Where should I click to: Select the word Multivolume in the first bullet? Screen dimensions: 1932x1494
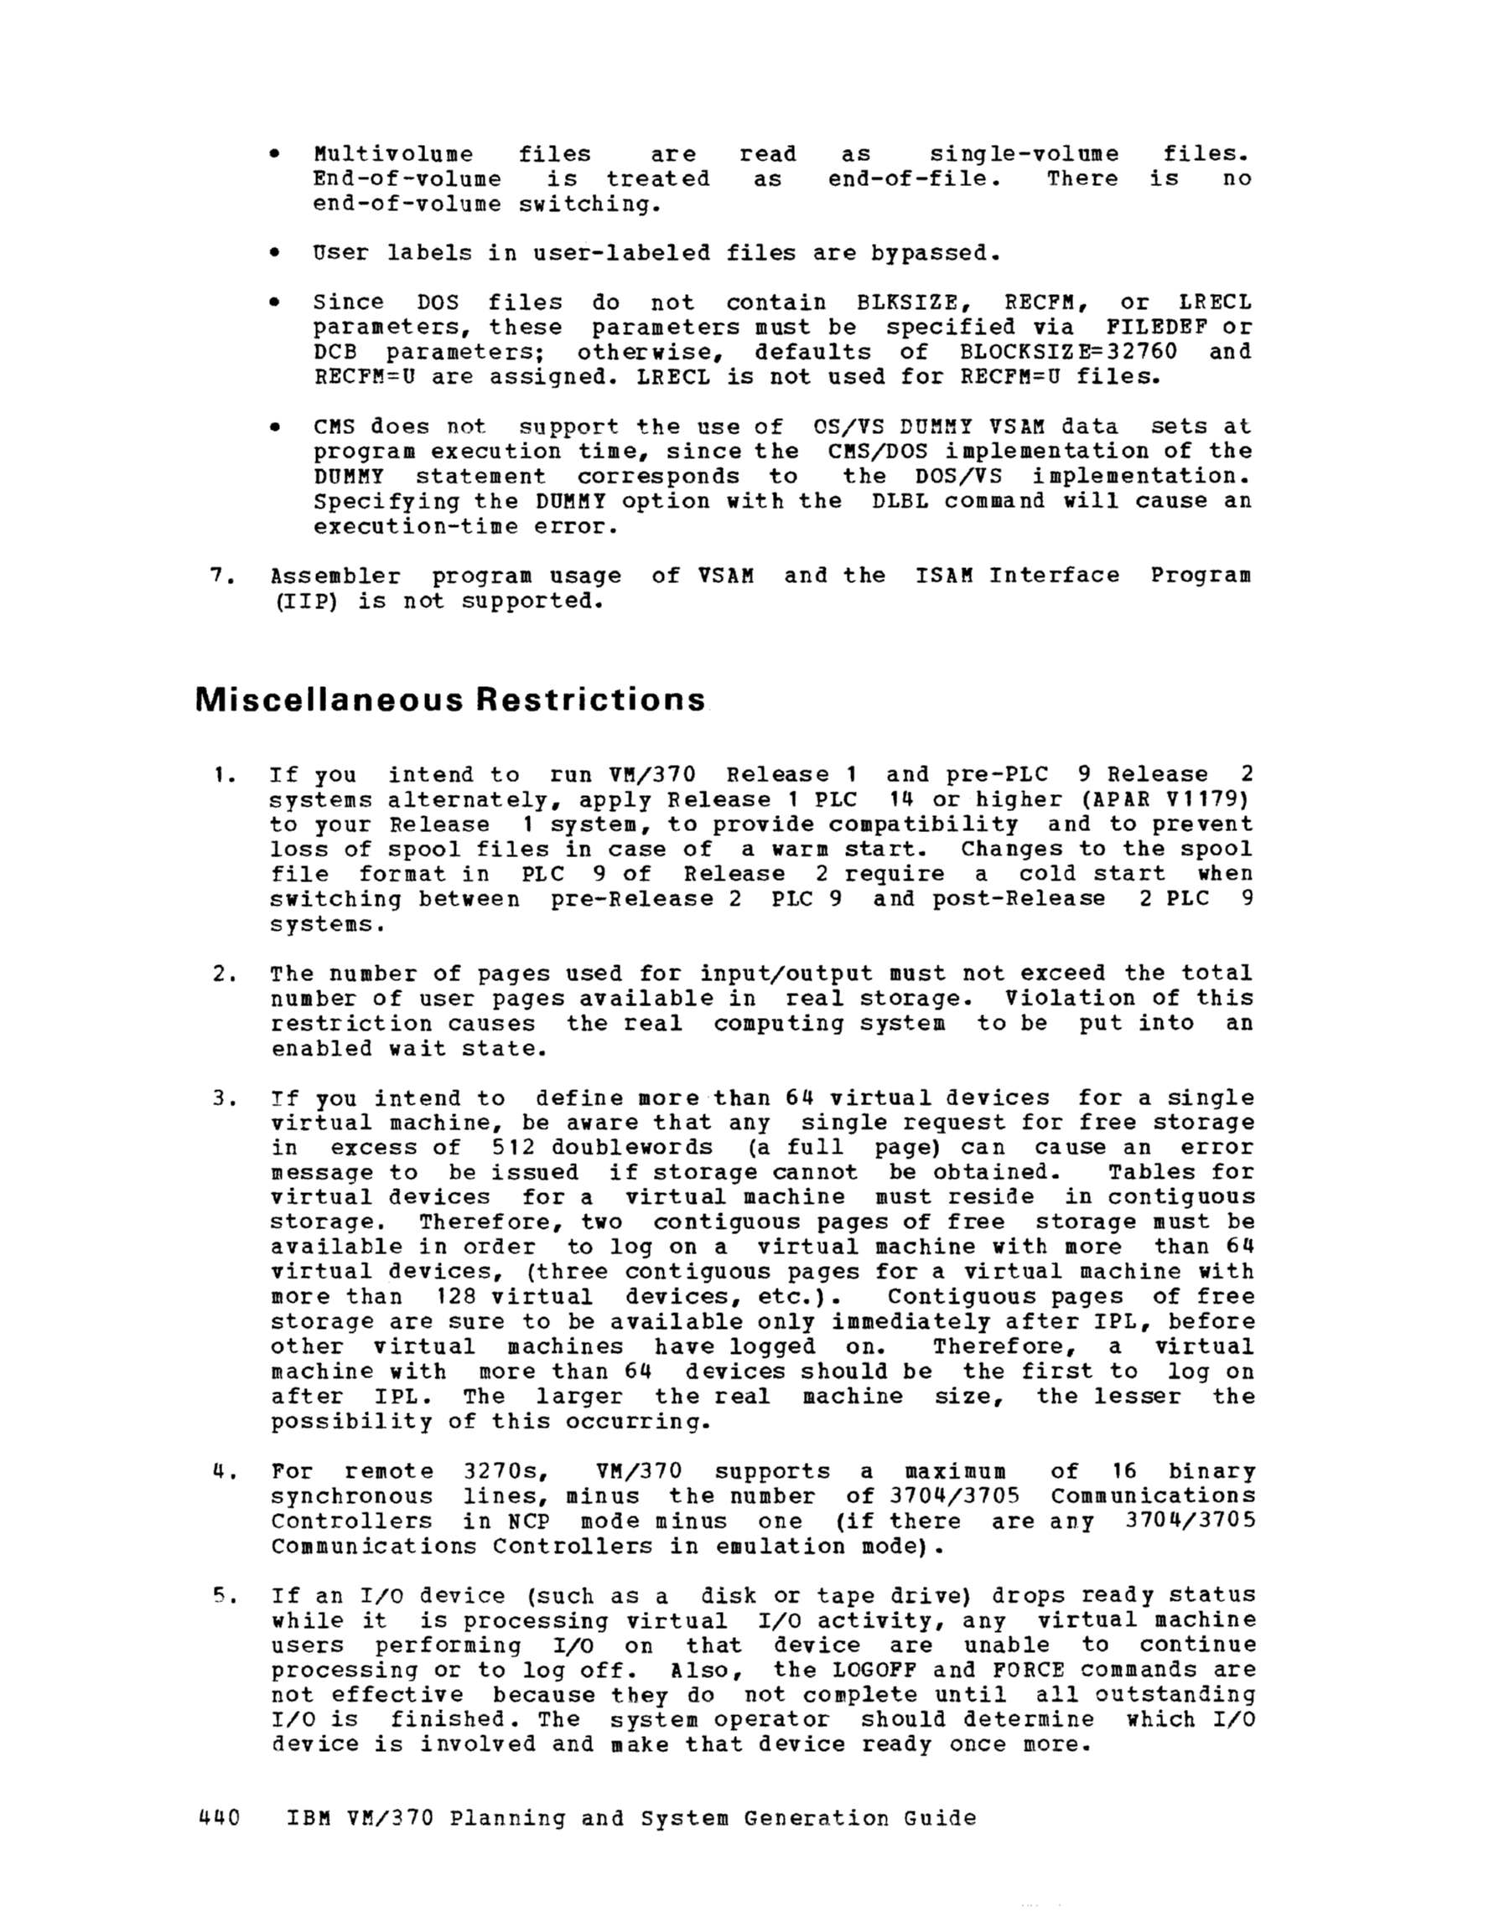[393, 155]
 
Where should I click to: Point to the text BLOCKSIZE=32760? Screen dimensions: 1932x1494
[1068, 352]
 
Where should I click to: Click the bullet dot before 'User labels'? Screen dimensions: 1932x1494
[275, 254]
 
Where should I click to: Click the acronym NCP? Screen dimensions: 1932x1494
[528, 1522]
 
